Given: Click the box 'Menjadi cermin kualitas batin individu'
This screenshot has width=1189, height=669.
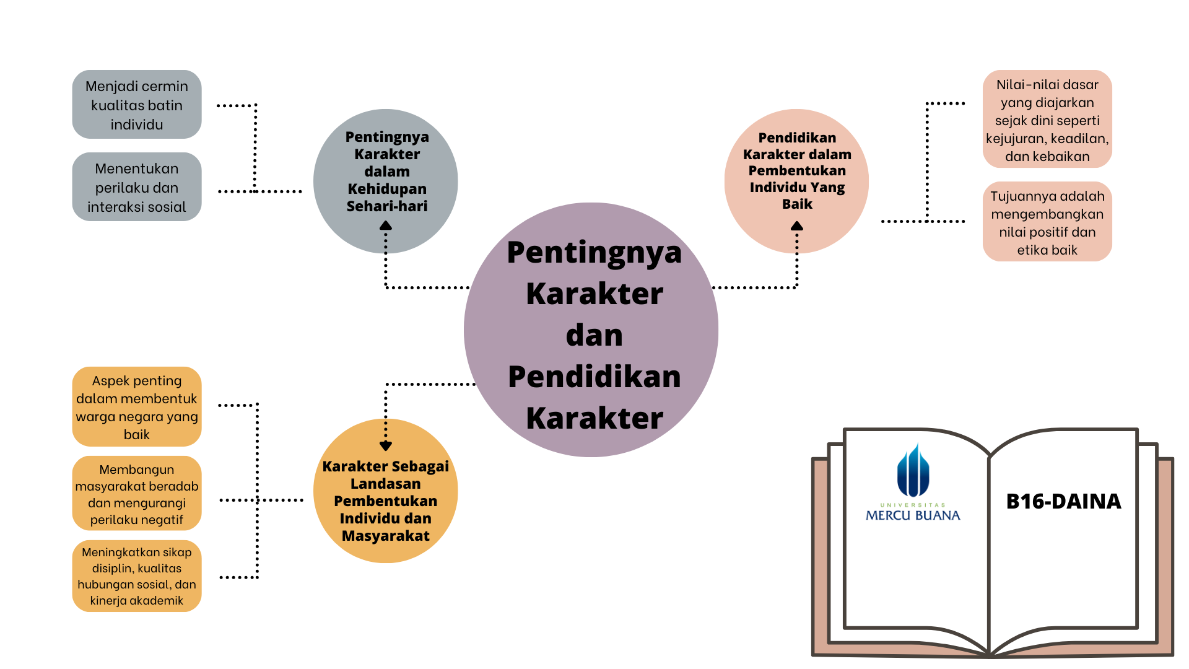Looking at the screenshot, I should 137,105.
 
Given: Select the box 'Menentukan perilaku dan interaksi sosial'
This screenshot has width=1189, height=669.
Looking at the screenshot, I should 137,187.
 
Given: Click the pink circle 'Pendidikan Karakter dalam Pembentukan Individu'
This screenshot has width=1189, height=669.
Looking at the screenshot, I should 796,171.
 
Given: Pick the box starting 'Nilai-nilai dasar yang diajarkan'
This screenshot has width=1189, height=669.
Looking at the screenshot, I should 1047,120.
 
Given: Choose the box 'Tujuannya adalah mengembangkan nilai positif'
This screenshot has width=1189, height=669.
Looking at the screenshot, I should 1047,222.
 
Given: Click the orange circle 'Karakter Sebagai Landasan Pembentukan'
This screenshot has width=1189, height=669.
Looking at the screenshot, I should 386,501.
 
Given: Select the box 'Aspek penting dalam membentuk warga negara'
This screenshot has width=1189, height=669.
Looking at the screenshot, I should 137,407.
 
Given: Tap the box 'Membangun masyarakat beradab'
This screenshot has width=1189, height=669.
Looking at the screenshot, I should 137,494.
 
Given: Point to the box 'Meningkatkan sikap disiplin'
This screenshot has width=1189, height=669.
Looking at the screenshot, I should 137,576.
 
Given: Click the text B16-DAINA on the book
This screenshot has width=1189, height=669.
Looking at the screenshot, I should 1063,501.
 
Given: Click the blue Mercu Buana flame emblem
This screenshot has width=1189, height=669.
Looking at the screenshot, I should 913,471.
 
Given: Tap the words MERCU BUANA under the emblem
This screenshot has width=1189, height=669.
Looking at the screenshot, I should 913,515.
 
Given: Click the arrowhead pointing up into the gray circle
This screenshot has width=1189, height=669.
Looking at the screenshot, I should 386,226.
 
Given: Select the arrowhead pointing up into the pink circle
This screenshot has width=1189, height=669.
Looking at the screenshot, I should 797,227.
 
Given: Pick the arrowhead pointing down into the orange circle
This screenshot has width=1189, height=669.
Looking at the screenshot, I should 386,445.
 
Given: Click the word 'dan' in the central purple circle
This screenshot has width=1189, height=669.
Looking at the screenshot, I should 594,335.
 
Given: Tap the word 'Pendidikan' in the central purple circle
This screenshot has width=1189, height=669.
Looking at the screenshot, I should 594,377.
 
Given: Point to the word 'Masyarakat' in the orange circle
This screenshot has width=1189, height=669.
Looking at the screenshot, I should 386,536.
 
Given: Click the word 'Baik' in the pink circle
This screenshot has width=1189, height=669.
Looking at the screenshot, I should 797,204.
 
